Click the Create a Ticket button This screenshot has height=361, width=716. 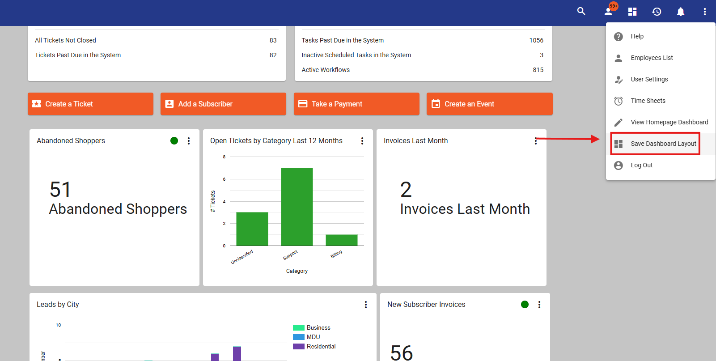point(90,104)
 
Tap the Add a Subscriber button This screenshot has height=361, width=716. point(223,104)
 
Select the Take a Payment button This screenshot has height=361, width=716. point(356,104)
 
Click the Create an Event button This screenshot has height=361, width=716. point(489,104)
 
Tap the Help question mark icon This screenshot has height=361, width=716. point(618,36)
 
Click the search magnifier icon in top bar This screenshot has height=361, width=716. point(581,12)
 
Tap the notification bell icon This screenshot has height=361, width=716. point(681,12)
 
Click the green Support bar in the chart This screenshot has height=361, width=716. point(297,207)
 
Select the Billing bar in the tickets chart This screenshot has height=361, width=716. point(341,240)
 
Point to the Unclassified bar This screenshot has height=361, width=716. point(252,229)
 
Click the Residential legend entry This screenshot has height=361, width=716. point(314,346)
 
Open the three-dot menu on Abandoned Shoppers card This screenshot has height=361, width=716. point(189,141)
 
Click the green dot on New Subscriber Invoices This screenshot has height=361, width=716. point(525,304)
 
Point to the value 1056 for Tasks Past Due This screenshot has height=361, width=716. point(536,40)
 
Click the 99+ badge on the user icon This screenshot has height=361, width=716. point(614,6)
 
